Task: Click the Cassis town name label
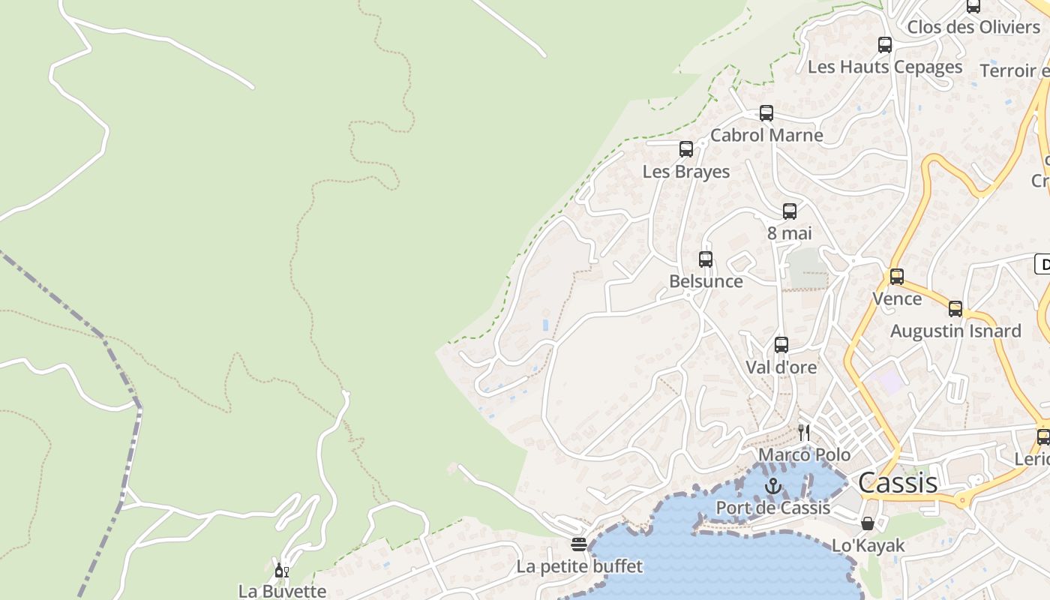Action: (897, 482)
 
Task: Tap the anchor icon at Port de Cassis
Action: (772, 487)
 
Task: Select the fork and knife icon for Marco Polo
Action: (804, 432)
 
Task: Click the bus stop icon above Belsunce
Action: (706, 259)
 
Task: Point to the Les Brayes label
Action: (685, 171)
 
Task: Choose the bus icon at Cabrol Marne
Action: (766, 113)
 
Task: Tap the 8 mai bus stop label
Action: (789, 233)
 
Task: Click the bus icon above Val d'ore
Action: (781, 345)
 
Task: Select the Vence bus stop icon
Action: (896, 276)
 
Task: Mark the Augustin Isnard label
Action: (955, 331)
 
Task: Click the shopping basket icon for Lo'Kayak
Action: (868, 523)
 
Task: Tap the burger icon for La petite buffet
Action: (578, 544)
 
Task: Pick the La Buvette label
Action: (282, 591)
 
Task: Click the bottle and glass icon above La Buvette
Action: (281, 571)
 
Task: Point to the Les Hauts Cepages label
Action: (884, 67)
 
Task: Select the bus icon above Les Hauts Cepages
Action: (884, 45)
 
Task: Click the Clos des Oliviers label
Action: (973, 27)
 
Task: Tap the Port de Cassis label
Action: (772, 508)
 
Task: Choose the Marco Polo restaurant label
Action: (804, 454)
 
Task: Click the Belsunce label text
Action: (706, 281)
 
